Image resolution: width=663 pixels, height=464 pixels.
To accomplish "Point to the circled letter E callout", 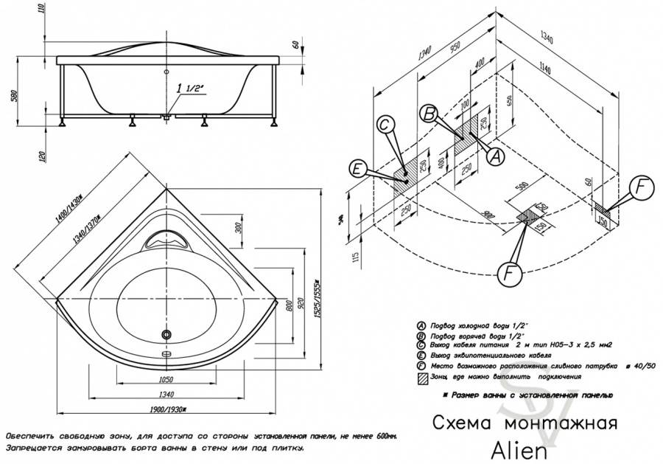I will (x=357, y=170).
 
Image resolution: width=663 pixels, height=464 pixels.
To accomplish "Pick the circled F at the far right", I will (x=642, y=187).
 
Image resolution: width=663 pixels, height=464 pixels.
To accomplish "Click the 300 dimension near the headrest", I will (x=239, y=226).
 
